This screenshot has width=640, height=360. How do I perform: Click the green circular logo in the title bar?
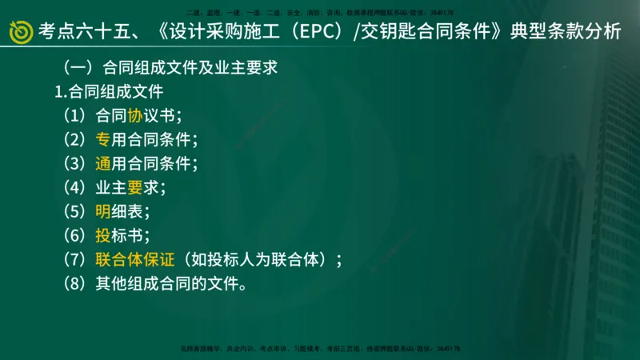tap(20, 32)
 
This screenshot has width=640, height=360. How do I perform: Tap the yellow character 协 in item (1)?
tap(134, 115)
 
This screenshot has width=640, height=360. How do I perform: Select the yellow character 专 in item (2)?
tap(102, 139)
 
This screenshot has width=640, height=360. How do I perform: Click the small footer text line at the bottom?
tap(320, 349)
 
